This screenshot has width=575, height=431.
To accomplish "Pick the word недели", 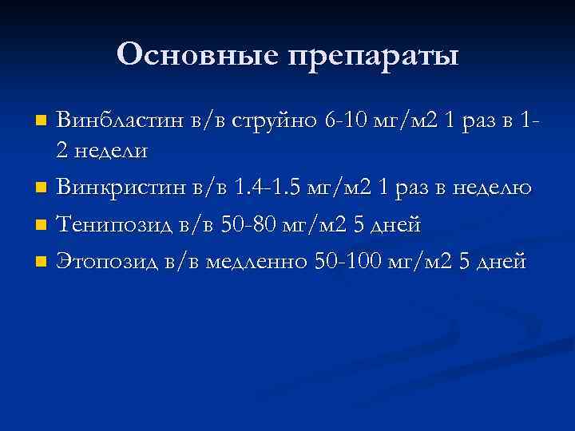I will (113, 149).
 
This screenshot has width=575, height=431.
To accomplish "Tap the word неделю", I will (490, 188).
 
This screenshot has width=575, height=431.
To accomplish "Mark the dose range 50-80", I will (258, 224).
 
